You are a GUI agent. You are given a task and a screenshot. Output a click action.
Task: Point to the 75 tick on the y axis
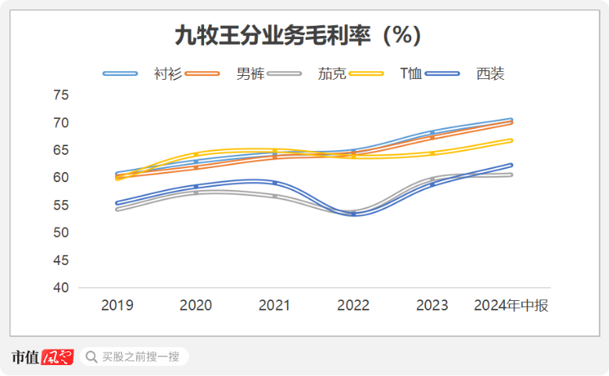61,95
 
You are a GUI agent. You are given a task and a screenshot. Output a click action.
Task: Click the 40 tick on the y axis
61,288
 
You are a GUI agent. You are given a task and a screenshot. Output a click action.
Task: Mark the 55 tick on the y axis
61,206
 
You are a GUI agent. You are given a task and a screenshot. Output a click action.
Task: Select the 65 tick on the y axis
61,150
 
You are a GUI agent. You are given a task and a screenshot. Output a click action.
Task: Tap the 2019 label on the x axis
116,306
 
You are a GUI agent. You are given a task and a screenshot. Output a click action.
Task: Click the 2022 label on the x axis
353,306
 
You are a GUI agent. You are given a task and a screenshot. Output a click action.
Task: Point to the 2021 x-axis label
274,306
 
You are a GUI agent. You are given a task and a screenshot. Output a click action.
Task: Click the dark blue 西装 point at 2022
353,213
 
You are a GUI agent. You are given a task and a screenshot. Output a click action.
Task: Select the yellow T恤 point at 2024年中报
511,140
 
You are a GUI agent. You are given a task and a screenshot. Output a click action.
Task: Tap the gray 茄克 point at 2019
116,209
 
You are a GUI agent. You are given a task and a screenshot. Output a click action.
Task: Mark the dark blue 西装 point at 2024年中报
511,165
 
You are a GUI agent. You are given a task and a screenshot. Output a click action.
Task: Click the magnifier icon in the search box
91,357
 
